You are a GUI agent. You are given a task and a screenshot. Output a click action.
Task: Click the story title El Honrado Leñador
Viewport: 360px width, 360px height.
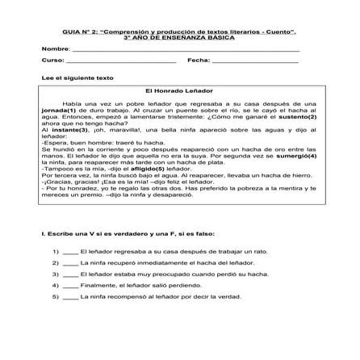pos(179,92)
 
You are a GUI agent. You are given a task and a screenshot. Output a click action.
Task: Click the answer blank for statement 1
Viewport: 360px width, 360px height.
pos(69,251)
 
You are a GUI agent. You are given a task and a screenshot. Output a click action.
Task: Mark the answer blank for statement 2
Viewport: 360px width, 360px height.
pos(69,262)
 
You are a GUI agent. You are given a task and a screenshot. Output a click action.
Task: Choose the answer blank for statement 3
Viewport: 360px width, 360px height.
pos(69,274)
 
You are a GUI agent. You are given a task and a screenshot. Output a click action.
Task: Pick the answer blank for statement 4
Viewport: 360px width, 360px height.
pos(69,285)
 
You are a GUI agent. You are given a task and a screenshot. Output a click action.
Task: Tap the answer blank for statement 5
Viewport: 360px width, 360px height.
pos(69,296)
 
